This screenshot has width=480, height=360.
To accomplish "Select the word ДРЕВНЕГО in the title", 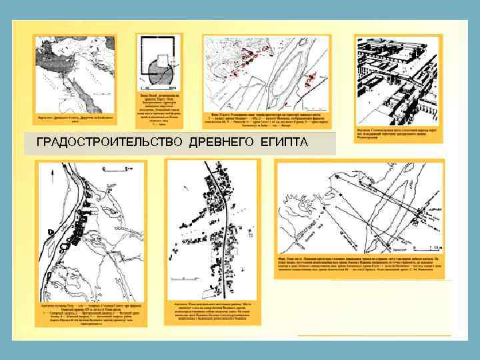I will [x=220, y=143].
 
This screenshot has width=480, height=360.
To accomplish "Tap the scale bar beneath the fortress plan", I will [x=163, y=87].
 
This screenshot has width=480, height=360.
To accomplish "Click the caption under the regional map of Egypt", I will [x=75, y=118].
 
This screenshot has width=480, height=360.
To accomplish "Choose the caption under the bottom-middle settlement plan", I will [x=211, y=311].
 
